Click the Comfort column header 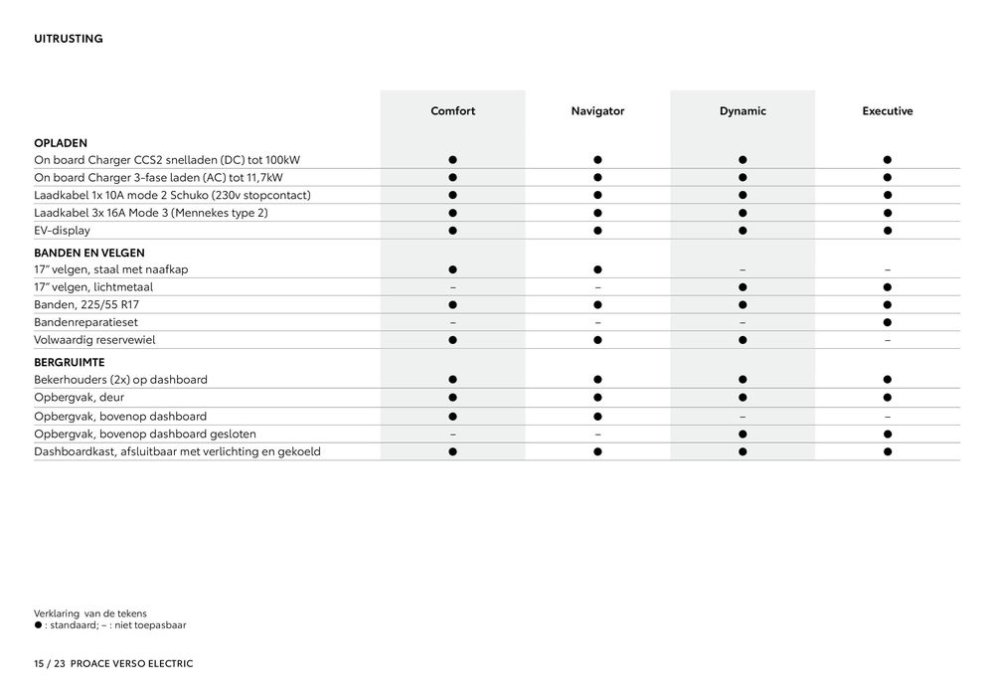click(452, 111)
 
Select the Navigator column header click(597, 111)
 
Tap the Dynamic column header click(743, 111)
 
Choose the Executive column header click(887, 111)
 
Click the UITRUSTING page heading click(69, 39)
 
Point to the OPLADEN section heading click(61, 143)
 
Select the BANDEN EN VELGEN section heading click(89, 254)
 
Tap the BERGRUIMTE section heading click(70, 363)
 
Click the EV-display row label click(62, 231)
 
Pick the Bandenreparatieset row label click(86, 322)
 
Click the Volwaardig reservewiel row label click(94, 340)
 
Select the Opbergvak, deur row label click(79, 398)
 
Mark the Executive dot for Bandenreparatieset click(887, 322)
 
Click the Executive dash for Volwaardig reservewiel click(887, 340)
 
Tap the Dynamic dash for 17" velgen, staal click(743, 269)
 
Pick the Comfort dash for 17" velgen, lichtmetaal click(452, 287)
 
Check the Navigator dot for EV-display click(597, 231)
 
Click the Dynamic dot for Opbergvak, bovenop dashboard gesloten click(743, 434)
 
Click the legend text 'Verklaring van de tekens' click(90, 612)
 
